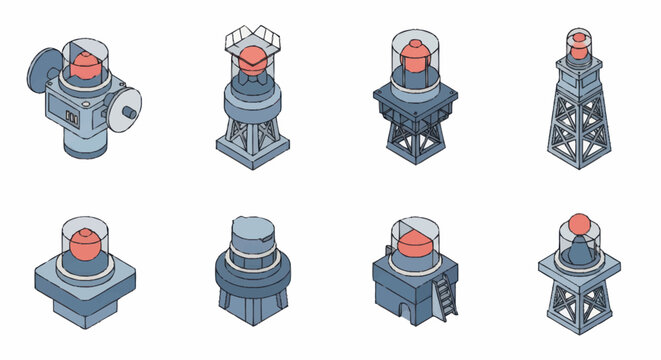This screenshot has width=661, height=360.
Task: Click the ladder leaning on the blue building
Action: click(x=443, y=292)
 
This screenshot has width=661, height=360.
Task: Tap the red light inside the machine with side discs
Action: click(x=86, y=67)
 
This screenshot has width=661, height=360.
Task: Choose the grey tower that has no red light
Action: click(x=250, y=265)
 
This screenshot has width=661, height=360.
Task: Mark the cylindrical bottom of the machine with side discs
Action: click(x=84, y=144)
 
